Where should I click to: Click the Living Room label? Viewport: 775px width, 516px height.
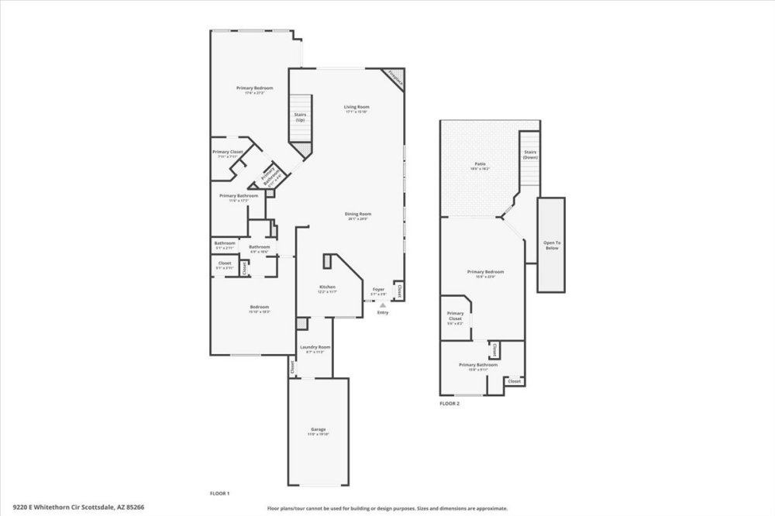(x=356, y=108)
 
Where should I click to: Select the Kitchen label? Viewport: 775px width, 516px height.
(x=327, y=288)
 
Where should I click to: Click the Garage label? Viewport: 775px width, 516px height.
(x=318, y=431)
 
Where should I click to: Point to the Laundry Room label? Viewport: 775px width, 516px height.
(x=315, y=348)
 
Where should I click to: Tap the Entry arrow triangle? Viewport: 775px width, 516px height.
(x=381, y=305)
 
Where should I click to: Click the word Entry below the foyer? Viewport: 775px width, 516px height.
(x=383, y=312)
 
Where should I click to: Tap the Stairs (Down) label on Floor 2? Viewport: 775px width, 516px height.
(x=530, y=154)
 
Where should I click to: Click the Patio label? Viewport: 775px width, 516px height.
(x=480, y=166)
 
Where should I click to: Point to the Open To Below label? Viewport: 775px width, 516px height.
(x=552, y=245)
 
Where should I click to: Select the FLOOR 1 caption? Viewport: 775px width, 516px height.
(x=220, y=494)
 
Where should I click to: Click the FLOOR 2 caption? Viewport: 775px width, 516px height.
(x=449, y=404)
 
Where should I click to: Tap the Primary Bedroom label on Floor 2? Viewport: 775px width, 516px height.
(x=486, y=273)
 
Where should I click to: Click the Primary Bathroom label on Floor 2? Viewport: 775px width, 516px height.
(x=473, y=366)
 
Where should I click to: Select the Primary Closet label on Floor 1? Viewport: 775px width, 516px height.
(x=228, y=153)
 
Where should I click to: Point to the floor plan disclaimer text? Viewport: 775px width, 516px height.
(x=387, y=508)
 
